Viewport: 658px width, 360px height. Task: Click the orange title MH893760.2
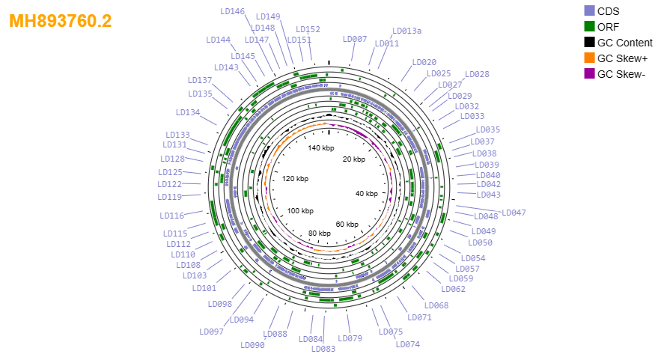click(61, 21)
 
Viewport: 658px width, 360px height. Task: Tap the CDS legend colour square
click(589, 11)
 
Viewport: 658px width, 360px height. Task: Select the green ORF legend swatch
click(589, 26)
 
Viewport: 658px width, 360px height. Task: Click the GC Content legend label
click(625, 43)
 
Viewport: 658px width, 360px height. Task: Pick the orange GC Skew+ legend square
click(589, 58)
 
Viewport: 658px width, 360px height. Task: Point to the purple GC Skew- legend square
click(589, 73)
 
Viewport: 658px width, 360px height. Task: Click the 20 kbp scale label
click(354, 159)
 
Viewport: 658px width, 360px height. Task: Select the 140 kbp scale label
click(321, 147)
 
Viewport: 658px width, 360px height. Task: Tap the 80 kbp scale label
click(320, 234)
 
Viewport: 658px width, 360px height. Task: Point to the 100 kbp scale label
click(300, 210)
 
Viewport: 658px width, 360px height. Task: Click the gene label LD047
click(514, 213)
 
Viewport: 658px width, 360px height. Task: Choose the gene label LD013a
click(406, 31)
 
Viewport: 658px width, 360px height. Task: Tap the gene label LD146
click(233, 11)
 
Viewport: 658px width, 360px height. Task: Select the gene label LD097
click(212, 332)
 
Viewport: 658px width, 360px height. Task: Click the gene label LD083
click(323, 349)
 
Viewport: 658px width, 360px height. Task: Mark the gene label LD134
click(188, 112)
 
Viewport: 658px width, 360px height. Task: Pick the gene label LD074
click(407, 344)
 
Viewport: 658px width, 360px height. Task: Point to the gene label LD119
click(169, 197)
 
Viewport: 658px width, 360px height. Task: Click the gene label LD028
click(477, 74)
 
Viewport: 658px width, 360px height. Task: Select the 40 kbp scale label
click(366, 193)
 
